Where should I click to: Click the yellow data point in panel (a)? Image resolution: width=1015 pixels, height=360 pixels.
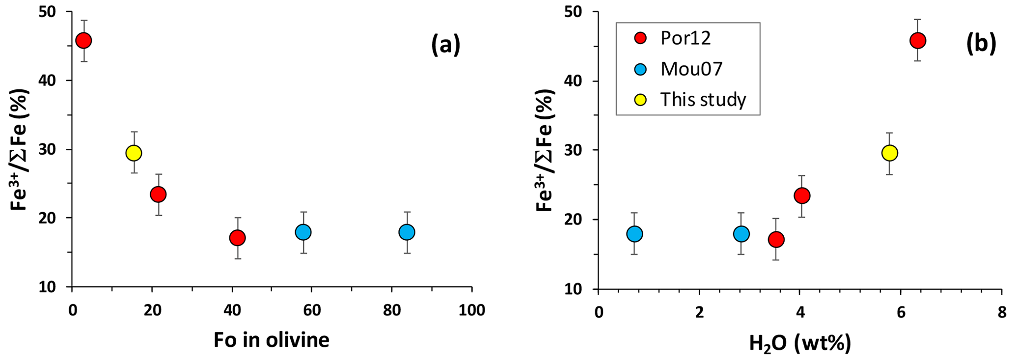click(134, 153)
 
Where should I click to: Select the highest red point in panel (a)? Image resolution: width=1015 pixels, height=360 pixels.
click(84, 40)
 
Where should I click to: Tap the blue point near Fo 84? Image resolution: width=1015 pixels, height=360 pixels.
click(407, 232)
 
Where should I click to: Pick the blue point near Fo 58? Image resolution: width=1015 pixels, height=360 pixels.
click(303, 232)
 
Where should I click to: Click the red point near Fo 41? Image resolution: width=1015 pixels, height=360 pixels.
click(237, 238)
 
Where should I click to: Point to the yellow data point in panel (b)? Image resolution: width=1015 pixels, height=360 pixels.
click(889, 153)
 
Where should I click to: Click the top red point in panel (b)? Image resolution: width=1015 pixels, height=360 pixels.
click(917, 40)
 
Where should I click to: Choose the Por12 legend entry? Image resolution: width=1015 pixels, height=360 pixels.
click(686, 39)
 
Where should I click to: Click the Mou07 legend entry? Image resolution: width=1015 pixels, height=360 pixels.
click(691, 69)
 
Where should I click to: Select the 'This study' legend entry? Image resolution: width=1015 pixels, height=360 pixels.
click(702, 100)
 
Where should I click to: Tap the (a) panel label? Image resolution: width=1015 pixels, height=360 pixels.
click(445, 45)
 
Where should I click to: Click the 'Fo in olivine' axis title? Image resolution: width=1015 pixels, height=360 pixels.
click(271, 340)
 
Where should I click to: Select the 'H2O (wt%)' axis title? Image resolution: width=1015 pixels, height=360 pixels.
click(799, 343)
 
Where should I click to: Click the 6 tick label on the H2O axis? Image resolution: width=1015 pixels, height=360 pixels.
click(901, 312)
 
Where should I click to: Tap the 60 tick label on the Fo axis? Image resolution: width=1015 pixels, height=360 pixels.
click(311, 310)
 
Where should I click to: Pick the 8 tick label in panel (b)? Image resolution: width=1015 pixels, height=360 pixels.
click(1001, 312)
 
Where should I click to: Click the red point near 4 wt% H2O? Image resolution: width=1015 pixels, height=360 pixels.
click(801, 195)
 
